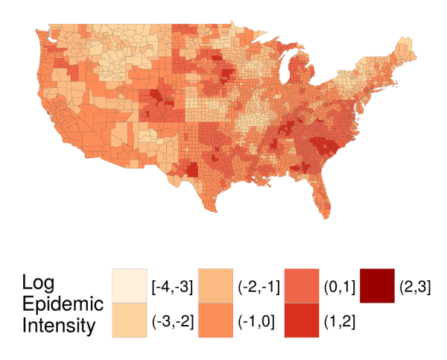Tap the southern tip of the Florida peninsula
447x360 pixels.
(324, 218)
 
